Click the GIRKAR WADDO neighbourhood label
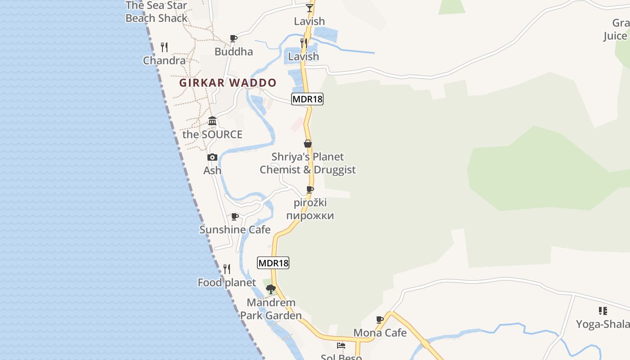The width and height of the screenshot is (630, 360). coord(228,83)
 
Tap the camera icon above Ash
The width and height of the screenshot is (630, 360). coord(212,157)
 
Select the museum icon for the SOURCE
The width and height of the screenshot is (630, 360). coord(212,121)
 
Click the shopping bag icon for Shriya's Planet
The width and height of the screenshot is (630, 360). coord(308,144)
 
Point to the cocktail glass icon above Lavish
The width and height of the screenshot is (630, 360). coord(309,8)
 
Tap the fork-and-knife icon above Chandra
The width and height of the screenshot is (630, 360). coord(165,47)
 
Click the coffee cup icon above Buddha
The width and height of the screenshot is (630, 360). coord(234,39)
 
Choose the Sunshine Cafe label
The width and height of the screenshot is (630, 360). coord(235,229)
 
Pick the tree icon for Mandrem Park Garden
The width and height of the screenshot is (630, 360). coord(270,289)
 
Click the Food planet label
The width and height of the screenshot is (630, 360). coord(227,283)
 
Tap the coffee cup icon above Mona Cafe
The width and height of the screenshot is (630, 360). coord(380,319)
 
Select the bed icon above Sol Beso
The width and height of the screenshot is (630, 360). coord(341,346)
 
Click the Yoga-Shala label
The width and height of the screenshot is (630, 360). coord(603,324)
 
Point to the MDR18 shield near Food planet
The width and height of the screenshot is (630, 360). coord(273,263)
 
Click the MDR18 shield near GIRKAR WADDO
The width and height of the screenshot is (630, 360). coord(307,99)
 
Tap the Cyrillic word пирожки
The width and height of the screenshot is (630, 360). coord(310,216)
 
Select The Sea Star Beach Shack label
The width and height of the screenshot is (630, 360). coord(157,12)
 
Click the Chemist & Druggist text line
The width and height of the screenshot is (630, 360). coord(308,170)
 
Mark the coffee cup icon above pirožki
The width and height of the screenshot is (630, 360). coord(310,189)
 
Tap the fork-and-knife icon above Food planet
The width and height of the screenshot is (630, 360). coord(227,269)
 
